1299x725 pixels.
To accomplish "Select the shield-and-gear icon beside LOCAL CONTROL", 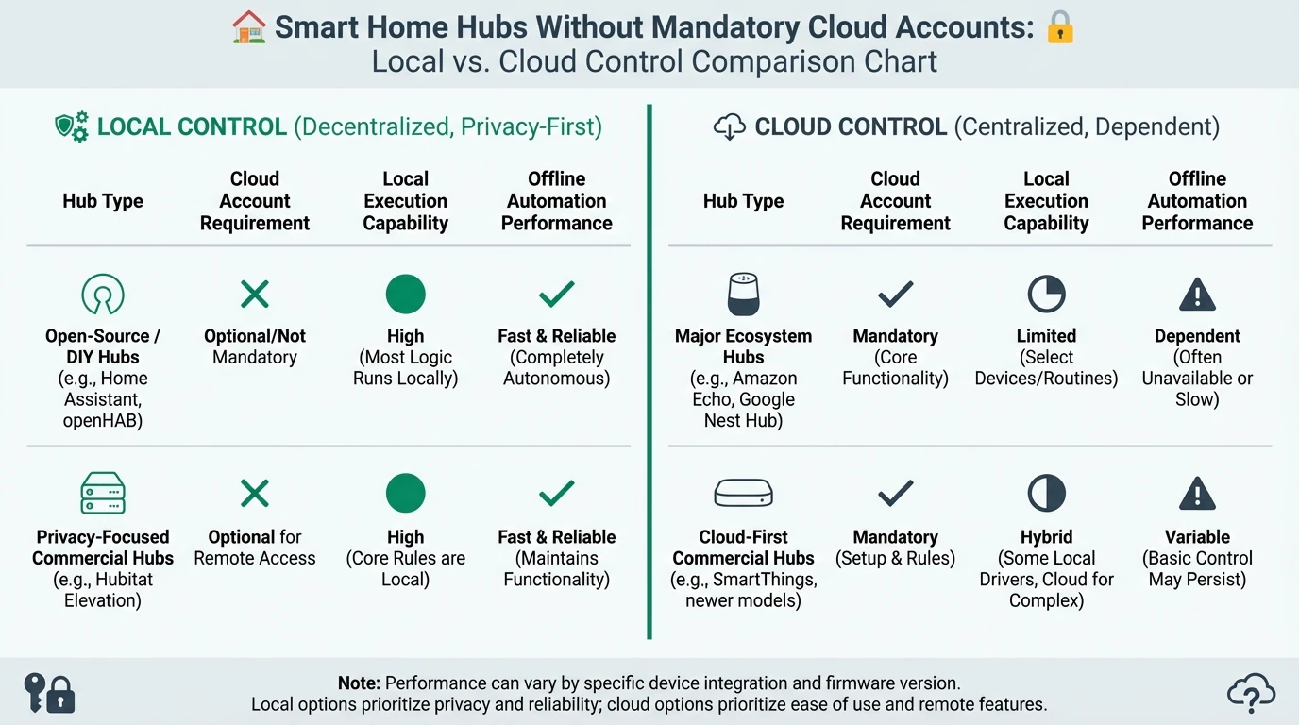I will [72, 126].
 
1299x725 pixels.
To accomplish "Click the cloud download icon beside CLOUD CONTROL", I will [730, 126].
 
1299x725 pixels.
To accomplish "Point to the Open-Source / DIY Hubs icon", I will [103, 295].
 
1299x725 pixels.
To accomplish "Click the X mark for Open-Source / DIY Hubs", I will [255, 295].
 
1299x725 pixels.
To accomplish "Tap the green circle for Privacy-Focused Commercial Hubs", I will [406, 494].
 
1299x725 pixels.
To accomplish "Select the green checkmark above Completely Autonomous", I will [557, 295].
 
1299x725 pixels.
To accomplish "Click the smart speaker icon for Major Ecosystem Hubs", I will [744, 295].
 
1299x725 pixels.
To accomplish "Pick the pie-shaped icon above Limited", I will [1046, 295].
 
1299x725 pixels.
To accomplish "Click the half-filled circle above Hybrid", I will [1046, 494].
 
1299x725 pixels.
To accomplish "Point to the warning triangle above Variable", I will [1197, 494].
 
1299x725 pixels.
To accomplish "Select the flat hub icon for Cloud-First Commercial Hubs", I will [744, 494].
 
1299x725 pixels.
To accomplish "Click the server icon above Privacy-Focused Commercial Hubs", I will [103, 494].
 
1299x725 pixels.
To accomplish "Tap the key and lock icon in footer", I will [49, 693].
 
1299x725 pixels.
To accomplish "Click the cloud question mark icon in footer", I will [1251, 694].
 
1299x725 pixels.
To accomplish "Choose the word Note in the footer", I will [360, 683].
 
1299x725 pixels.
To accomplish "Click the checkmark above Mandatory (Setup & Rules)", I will [895, 494].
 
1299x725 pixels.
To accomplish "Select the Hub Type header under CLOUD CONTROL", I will [744, 201].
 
